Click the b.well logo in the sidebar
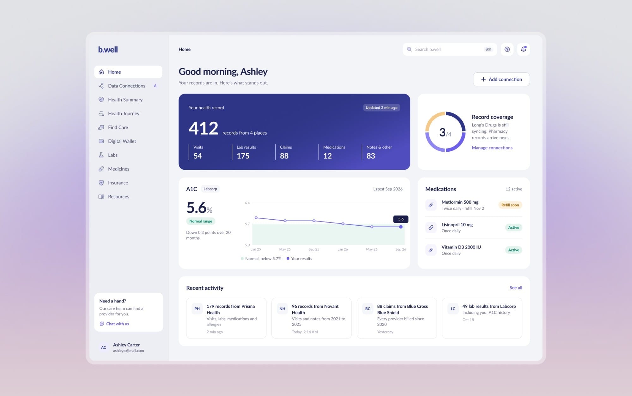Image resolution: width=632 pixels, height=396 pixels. point(108,49)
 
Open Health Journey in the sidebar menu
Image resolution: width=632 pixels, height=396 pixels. point(124,113)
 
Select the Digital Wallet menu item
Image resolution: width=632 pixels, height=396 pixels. point(122,141)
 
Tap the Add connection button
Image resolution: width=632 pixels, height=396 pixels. point(501,79)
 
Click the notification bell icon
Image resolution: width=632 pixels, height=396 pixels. point(523,49)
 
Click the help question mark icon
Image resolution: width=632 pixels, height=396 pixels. point(507,49)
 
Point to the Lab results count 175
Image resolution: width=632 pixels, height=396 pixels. point(243,156)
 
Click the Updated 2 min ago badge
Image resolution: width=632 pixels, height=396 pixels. point(381,108)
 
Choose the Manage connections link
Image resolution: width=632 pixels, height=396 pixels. point(492,148)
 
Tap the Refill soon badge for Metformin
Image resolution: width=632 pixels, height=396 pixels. point(510,205)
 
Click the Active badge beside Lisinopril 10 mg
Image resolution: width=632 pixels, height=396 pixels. point(513,228)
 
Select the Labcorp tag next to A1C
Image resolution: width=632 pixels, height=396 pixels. point(210,189)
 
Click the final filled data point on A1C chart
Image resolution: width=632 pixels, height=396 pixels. point(401,227)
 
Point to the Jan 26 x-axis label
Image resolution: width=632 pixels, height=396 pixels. point(343,249)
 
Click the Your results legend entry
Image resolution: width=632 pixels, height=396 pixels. point(299,259)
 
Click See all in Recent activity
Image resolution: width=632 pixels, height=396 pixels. point(516,288)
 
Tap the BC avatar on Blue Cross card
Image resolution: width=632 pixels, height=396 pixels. point(368,309)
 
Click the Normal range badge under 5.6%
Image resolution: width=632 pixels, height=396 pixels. point(201,221)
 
